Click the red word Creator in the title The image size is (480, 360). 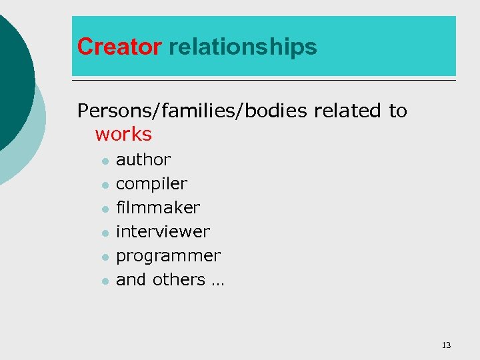pos(119,47)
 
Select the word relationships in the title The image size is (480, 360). pos(243,47)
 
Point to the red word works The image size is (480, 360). pos(123,134)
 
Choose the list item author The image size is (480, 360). pos(143,160)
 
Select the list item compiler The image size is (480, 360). pos(151,184)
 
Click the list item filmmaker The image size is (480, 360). pos(157,208)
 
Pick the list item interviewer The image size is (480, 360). pos(163,232)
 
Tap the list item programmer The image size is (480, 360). pos(168,256)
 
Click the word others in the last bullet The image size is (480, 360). pos(179,280)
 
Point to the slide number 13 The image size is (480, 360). pos(446,345)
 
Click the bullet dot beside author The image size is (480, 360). pos(104,161)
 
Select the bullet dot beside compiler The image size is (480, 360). pos(104,185)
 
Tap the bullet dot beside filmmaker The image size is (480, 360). pos(104,209)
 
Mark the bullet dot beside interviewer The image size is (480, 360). pos(104,233)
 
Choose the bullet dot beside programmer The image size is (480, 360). pos(104,257)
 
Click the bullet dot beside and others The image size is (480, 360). pos(104,281)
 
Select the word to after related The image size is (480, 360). pos(398,111)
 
